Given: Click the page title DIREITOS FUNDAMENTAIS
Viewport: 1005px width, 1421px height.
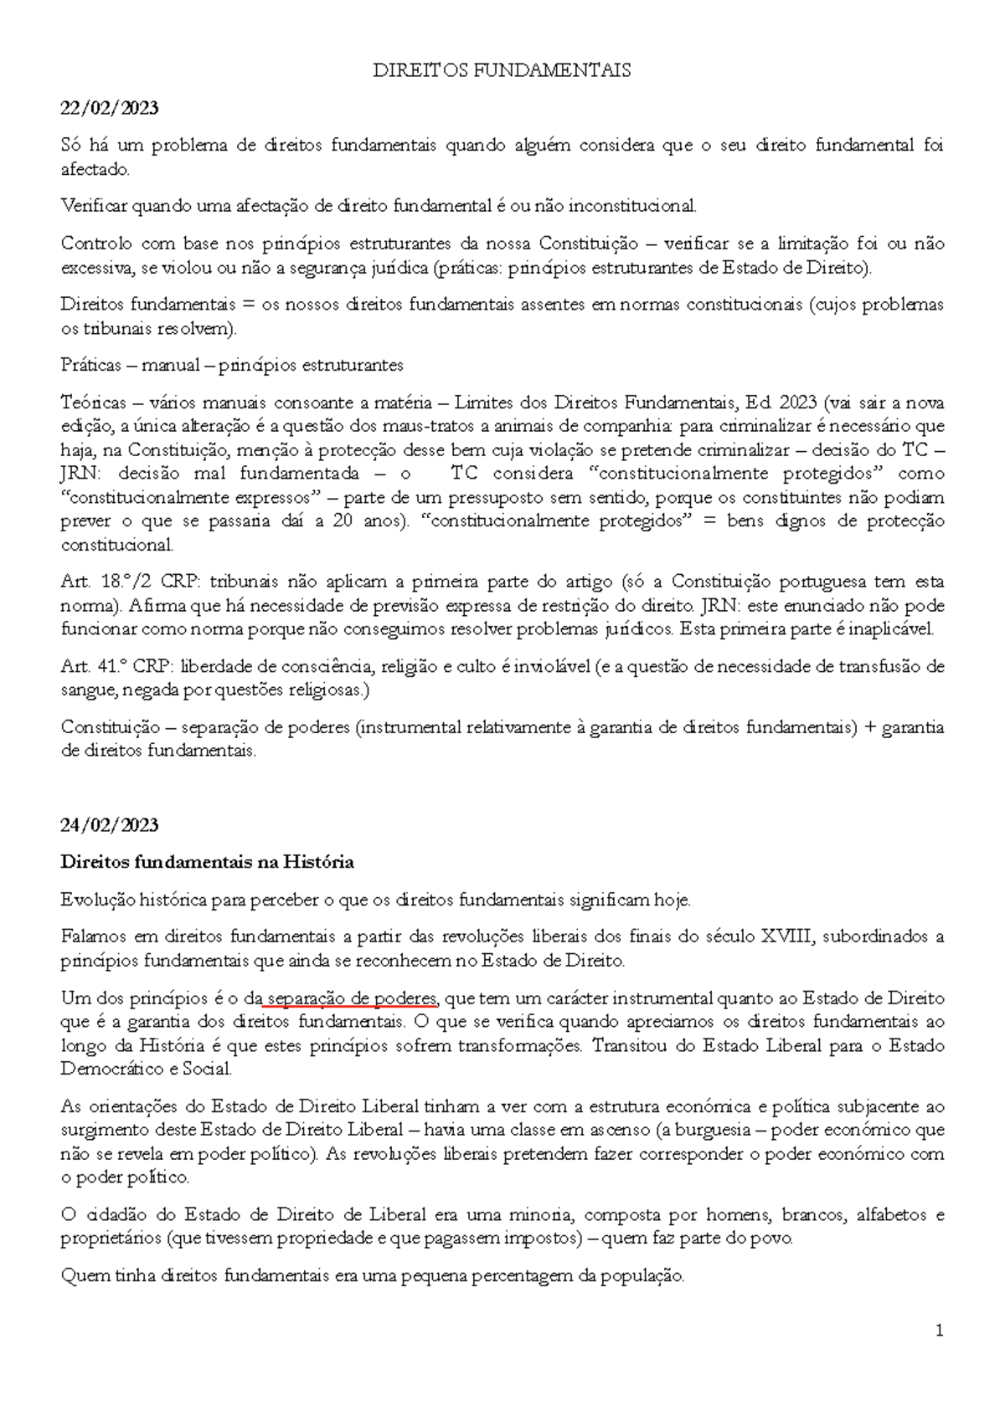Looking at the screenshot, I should [502, 71].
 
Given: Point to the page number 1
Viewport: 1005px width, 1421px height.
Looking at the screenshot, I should [940, 1331].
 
